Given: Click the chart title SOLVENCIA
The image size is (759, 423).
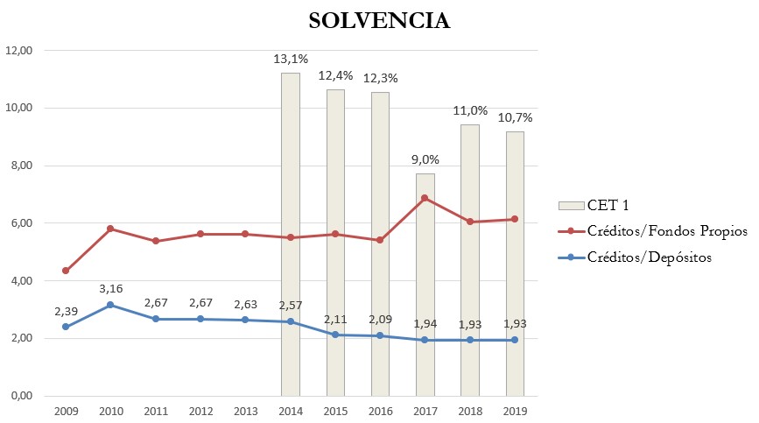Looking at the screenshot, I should pyautogui.click(x=379, y=21).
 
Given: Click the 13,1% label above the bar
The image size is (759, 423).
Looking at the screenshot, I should pyautogui.click(x=291, y=60).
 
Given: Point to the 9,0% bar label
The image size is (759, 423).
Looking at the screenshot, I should pyautogui.click(x=425, y=159).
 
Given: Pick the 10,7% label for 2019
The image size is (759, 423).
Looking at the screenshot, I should pyautogui.click(x=515, y=117).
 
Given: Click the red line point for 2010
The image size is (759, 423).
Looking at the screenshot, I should pyautogui.click(x=110, y=229).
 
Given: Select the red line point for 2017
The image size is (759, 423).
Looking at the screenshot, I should pyautogui.click(x=425, y=198).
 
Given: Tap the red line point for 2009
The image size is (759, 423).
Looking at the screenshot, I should pyautogui.click(x=66, y=271).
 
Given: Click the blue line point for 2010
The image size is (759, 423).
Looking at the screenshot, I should pyautogui.click(x=110, y=305).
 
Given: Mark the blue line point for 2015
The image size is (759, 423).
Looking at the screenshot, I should pyautogui.click(x=335, y=335).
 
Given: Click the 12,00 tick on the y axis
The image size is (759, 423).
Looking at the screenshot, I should pyautogui.click(x=18, y=51).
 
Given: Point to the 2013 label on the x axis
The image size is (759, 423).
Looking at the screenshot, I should pyautogui.click(x=245, y=410).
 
